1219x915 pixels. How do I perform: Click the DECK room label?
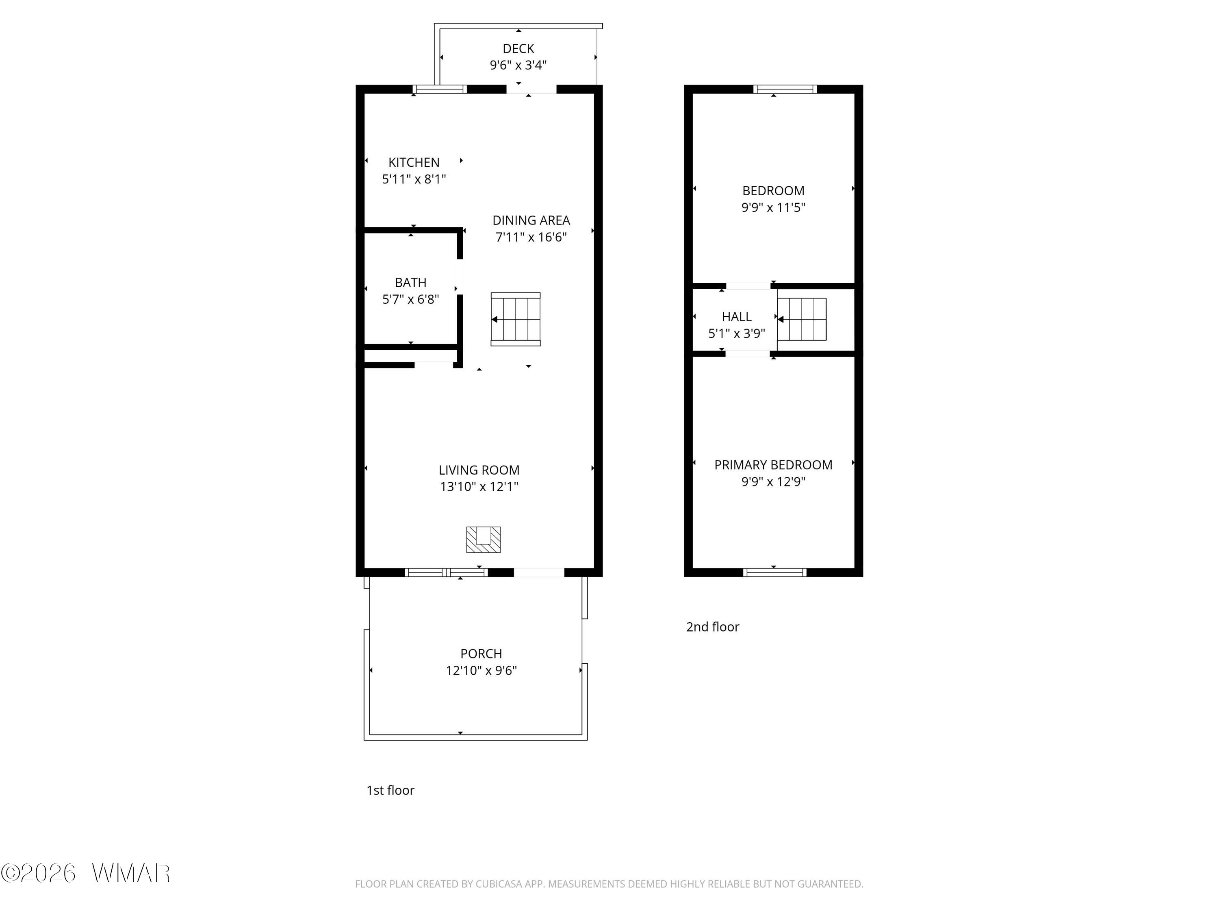point(518,48)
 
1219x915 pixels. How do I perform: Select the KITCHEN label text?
point(414,163)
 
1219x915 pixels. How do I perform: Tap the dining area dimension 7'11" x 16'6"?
point(531,237)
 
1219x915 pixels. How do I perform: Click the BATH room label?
point(410,282)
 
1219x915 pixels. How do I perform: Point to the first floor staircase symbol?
point(516,319)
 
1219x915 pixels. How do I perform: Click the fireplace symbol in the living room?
point(483,539)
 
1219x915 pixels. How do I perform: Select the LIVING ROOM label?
point(479,470)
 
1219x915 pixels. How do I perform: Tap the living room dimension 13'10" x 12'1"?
point(479,486)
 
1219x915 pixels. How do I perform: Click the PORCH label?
point(481,654)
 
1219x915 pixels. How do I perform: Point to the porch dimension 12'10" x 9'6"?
point(481,670)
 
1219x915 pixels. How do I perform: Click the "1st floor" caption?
point(390,790)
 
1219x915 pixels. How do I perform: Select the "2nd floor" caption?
point(713,627)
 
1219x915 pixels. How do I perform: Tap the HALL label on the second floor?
point(737,316)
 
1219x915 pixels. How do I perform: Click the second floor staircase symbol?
point(802,319)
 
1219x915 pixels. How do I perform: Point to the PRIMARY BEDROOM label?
point(773,465)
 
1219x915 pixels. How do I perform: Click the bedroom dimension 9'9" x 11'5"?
point(773,207)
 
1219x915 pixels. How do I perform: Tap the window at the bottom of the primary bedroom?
point(775,573)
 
